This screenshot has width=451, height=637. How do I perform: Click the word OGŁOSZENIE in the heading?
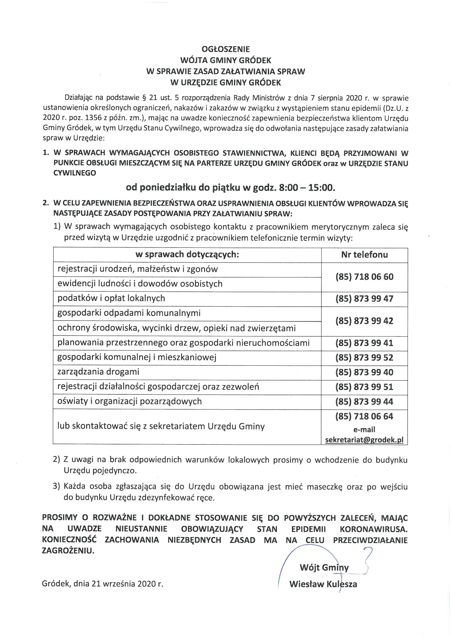pyautogui.click(x=225, y=49)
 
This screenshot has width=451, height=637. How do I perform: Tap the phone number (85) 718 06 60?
pyautogui.click(x=364, y=277)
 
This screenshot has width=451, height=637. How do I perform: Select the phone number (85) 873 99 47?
pyautogui.click(x=364, y=298)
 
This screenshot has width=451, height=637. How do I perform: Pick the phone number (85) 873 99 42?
pyautogui.click(x=364, y=321)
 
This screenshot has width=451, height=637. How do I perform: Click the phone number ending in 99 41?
pyautogui.click(x=364, y=343)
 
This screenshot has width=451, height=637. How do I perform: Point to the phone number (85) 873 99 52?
pyautogui.click(x=364, y=357)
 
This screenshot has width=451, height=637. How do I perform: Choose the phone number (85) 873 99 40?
pyautogui.click(x=364, y=372)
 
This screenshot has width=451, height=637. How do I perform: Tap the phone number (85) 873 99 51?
pyautogui.click(x=364, y=387)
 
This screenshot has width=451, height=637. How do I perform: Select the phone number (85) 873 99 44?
pyautogui.click(x=364, y=401)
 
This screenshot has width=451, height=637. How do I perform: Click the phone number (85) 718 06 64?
pyautogui.click(x=364, y=416)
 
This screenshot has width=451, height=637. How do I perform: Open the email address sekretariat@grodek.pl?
pyautogui.click(x=364, y=440)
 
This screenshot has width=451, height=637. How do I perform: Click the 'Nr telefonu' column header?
pyautogui.click(x=364, y=255)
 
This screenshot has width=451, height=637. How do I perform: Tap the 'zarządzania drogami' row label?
pyautogui.click(x=98, y=372)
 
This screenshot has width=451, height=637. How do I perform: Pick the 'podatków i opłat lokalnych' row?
pyautogui.click(x=111, y=298)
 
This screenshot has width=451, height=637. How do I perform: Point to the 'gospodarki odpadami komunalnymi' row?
pyautogui.click(x=129, y=313)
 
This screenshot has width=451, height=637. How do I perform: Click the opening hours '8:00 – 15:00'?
pyautogui.click(x=306, y=188)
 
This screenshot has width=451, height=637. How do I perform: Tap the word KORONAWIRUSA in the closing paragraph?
pyautogui.click(x=374, y=529)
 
